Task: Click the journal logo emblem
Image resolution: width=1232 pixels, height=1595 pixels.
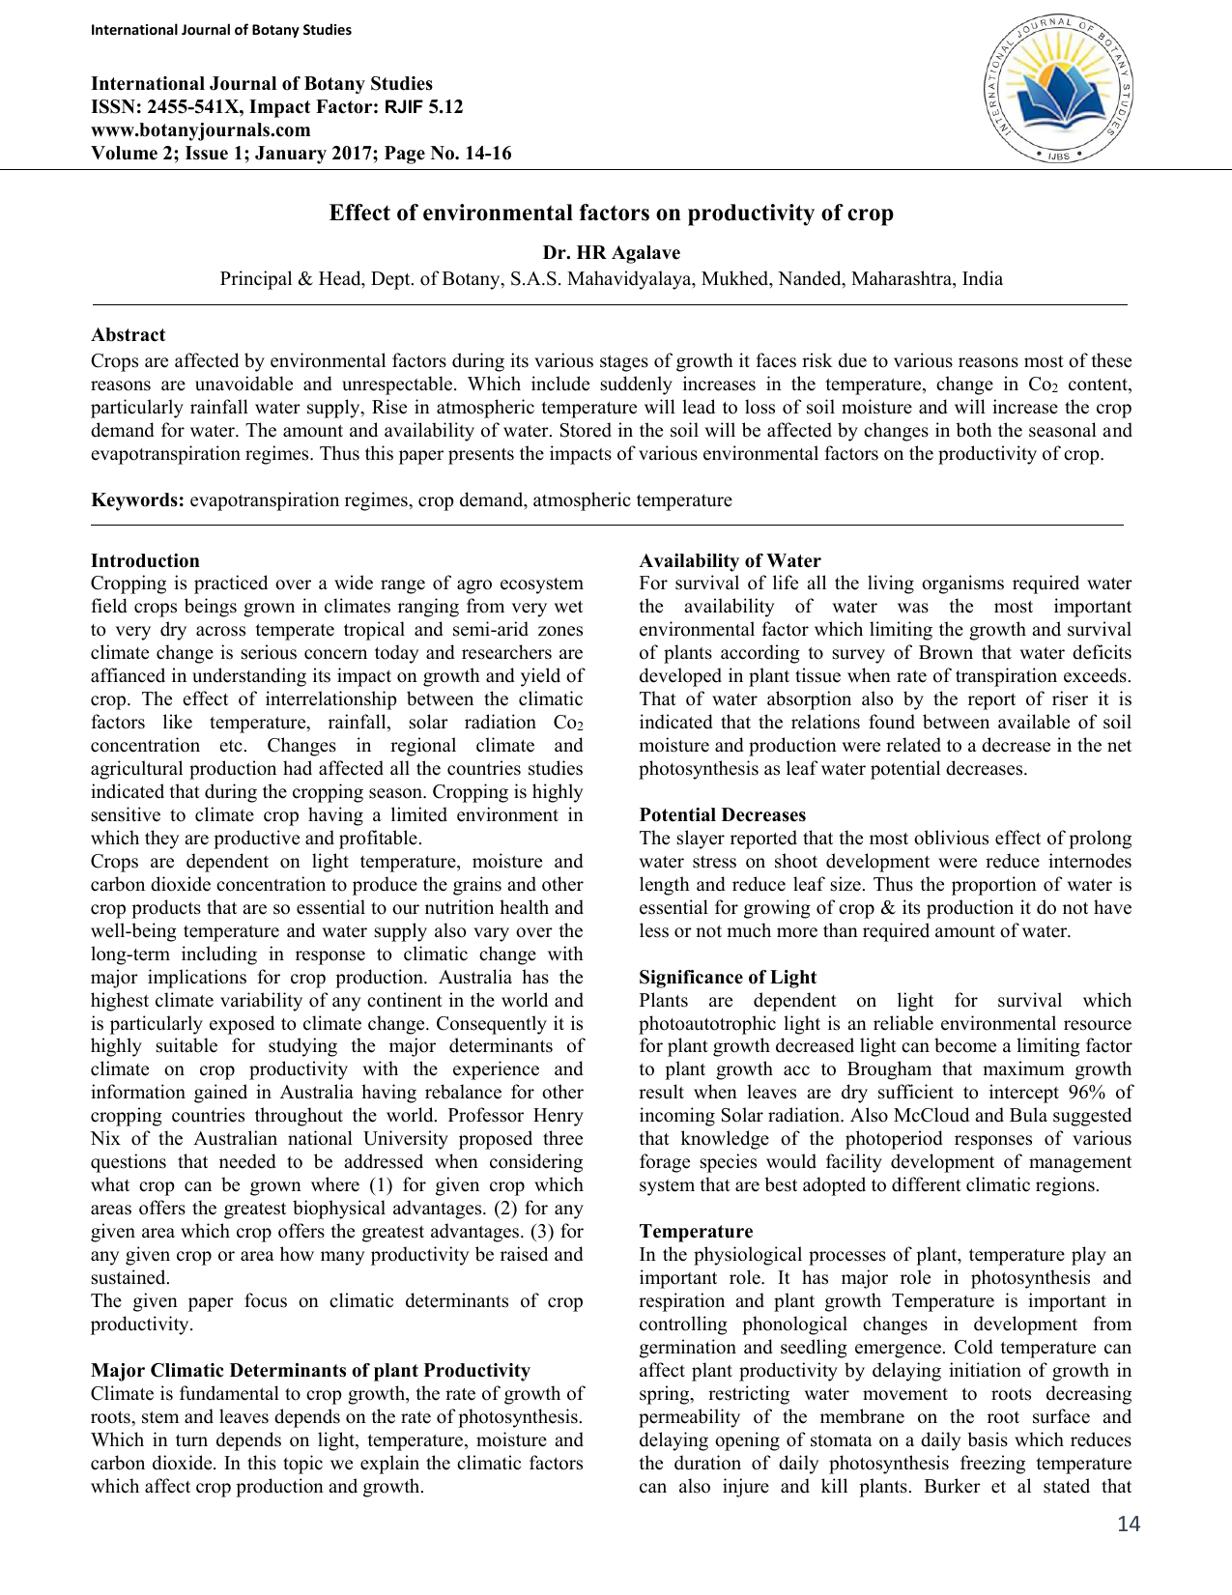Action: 1059,90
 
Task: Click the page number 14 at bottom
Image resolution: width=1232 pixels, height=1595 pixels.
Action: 1128,1524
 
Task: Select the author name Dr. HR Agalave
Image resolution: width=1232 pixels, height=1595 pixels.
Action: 611,253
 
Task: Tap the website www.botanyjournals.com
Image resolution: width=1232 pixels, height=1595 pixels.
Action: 201,130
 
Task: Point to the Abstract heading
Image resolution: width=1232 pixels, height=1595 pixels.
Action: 128,335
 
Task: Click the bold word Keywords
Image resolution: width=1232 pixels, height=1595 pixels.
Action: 137,500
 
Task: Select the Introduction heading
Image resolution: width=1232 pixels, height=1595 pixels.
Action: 145,561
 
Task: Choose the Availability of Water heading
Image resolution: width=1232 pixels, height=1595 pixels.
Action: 730,561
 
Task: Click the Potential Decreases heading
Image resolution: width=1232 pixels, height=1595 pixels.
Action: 722,815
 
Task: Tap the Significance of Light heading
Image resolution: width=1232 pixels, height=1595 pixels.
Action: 728,978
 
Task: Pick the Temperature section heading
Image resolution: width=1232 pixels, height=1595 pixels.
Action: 696,1232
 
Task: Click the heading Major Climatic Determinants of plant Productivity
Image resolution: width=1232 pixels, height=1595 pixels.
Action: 310,1371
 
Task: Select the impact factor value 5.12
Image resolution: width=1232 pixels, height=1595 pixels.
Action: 445,107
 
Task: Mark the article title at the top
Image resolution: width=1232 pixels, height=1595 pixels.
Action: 611,214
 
